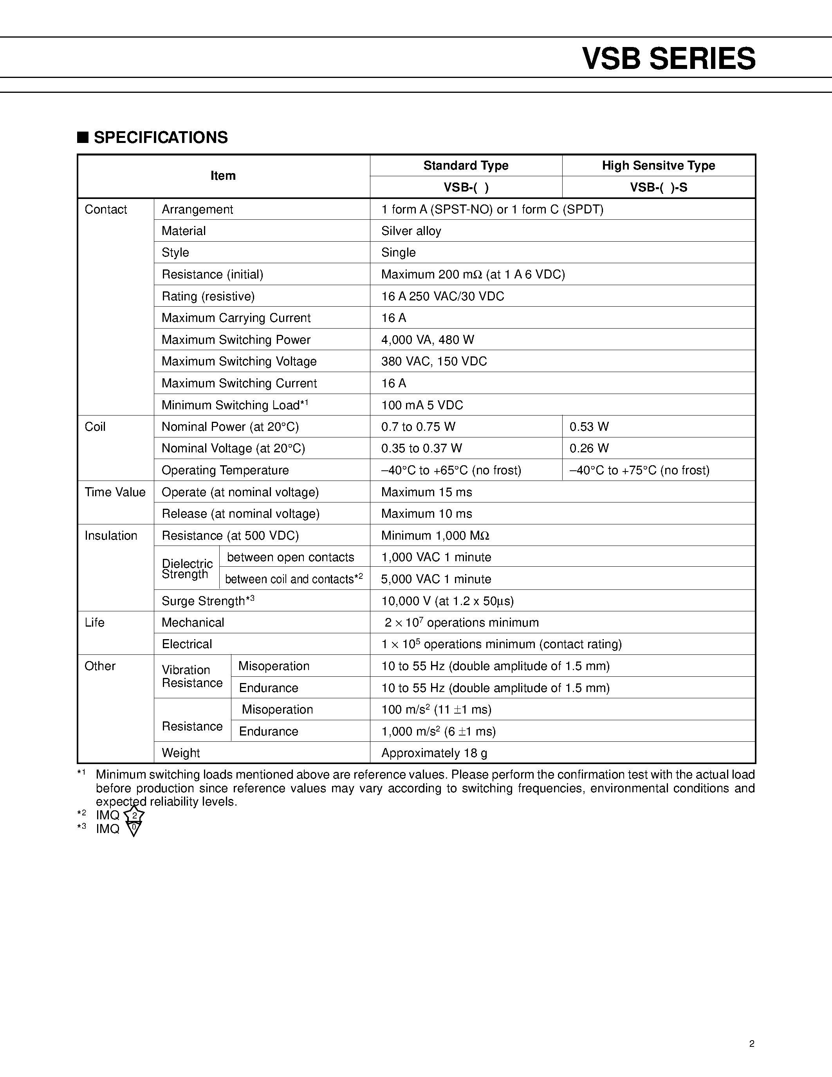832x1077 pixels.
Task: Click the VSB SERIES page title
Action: coord(668,59)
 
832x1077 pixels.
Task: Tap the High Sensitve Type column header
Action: coord(658,166)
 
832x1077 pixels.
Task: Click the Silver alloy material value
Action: coord(411,231)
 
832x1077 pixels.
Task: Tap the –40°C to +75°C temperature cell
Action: coord(639,470)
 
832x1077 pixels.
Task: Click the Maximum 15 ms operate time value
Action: coord(426,492)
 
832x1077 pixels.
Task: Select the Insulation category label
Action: coord(111,535)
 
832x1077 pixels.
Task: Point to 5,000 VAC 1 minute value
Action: coord(436,579)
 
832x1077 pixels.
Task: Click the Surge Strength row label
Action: coord(208,601)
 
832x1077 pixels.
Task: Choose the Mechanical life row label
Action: coord(193,622)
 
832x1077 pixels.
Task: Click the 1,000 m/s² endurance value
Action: coord(438,731)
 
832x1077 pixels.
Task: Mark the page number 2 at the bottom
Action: coord(752,1043)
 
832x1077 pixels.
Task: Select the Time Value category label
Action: coord(115,492)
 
